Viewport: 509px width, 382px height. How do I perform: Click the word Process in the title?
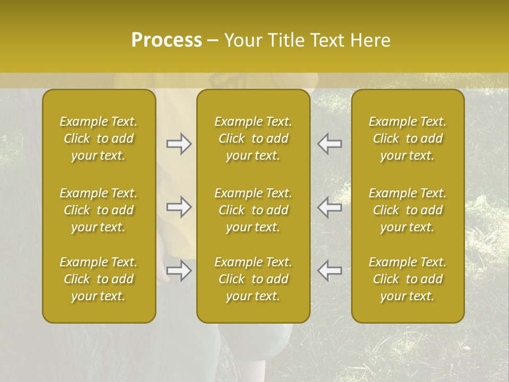click(166, 40)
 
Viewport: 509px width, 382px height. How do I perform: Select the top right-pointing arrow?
click(179, 144)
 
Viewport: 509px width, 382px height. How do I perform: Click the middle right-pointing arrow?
click(179, 207)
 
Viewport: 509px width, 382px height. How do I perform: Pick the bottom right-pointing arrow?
click(179, 271)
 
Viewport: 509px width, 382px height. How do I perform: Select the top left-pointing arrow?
click(330, 144)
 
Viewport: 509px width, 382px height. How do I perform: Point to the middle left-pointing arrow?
click(330, 207)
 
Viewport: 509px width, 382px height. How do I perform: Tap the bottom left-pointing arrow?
click(330, 271)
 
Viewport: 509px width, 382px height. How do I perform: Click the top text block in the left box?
click(99, 138)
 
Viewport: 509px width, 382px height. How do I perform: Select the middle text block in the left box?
click(99, 210)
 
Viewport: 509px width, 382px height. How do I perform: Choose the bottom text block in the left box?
click(99, 279)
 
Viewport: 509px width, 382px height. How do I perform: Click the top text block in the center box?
click(253, 138)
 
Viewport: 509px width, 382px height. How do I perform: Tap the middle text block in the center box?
click(253, 210)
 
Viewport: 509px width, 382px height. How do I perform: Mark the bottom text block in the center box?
click(253, 279)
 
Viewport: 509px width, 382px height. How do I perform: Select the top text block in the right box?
click(407, 138)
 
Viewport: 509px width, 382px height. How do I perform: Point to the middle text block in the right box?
click(407, 210)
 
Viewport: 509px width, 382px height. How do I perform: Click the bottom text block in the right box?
click(407, 279)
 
